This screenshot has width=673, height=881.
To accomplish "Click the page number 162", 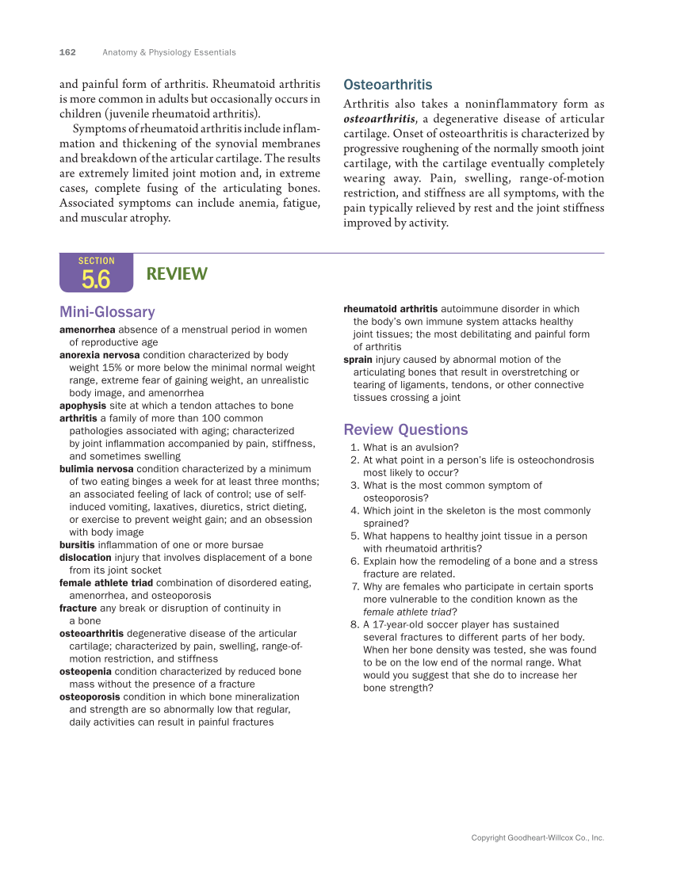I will (67, 52).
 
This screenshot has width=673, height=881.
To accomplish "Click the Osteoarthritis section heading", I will (388, 85).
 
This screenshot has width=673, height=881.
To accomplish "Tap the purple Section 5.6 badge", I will (96, 273).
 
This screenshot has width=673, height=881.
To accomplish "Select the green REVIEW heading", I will (177, 274).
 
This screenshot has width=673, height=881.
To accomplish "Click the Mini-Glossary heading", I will (107, 312).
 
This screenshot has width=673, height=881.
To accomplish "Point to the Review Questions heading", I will (405, 429).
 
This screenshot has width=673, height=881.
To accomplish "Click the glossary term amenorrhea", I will (87, 330).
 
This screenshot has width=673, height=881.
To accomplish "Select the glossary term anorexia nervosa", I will (99, 355).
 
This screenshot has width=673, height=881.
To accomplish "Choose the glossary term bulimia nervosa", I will (96, 469).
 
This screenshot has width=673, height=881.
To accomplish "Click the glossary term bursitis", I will (77, 545).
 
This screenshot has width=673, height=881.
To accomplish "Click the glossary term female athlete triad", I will (106, 583).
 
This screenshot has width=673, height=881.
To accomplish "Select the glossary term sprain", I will (358, 360).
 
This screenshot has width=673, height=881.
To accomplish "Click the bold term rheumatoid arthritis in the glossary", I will (390, 309).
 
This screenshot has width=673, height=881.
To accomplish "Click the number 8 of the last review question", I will (354, 625).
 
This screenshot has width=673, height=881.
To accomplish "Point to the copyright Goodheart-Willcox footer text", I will (537, 837).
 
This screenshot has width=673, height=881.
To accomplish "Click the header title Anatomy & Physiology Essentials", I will (169, 52).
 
